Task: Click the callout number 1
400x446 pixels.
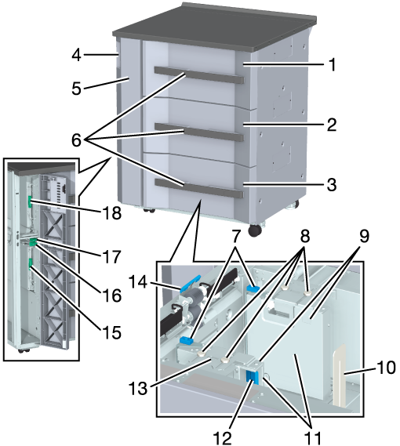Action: pos(331,64)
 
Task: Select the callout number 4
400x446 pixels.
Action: pos(76,55)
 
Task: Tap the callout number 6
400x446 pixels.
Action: pos(76,140)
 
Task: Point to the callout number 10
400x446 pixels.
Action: pos(386,367)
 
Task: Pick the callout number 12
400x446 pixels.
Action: pos(223,438)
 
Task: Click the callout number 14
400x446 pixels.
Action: pos(138,283)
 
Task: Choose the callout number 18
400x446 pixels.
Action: pos(112,213)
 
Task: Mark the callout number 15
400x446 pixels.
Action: pos(111,332)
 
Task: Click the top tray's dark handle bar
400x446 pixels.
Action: pos(199,75)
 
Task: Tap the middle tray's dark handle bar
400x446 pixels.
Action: pos(199,132)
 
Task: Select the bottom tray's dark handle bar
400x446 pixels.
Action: pos(199,188)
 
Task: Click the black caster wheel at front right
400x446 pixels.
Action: pos(255,230)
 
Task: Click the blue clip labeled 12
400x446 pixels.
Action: pos(253,377)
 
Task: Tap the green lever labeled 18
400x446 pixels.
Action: pos(29,201)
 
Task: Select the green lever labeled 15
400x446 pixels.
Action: pos(30,263)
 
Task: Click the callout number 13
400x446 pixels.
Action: pos(138,388)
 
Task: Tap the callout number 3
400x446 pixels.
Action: pos(332,185)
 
